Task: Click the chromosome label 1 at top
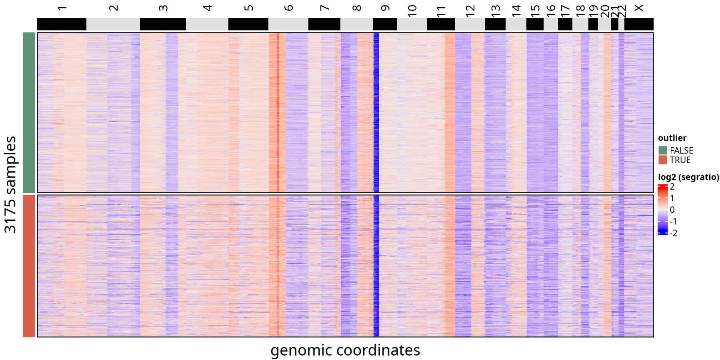point(62,8)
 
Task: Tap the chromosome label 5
point(248,8)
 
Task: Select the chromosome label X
point(639,8)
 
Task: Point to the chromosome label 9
point(385,8)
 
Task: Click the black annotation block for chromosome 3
point(163,24)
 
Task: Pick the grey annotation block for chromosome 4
point(207,24)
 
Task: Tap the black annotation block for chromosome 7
point(324,24)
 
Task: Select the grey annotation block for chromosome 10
point(412,24)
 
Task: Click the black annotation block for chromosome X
point(639,24)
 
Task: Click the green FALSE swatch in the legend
point(663,150)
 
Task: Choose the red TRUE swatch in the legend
point(663,160)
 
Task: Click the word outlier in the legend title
point(672,138)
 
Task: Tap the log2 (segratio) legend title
point(688,177)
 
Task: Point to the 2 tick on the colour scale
point(672,187)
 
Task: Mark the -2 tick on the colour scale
point(673,233)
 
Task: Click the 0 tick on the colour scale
point(672,210)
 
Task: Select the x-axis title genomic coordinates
point(345,350)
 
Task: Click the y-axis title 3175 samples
point(10,184)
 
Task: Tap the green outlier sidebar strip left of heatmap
point(29,112)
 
